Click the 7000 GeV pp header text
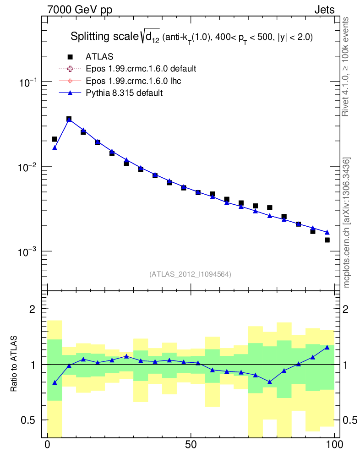point(80,11)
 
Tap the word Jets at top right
point(324,11)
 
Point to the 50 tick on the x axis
point(191,444)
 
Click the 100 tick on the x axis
point(334,444)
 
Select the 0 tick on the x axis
point(48,444)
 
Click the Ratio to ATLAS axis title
point(14,364)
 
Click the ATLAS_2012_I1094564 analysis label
point(190,274)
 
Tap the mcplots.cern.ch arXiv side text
point(347,223)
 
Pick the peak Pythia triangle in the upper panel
point(69,120)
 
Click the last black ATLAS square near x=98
point(327,240)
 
